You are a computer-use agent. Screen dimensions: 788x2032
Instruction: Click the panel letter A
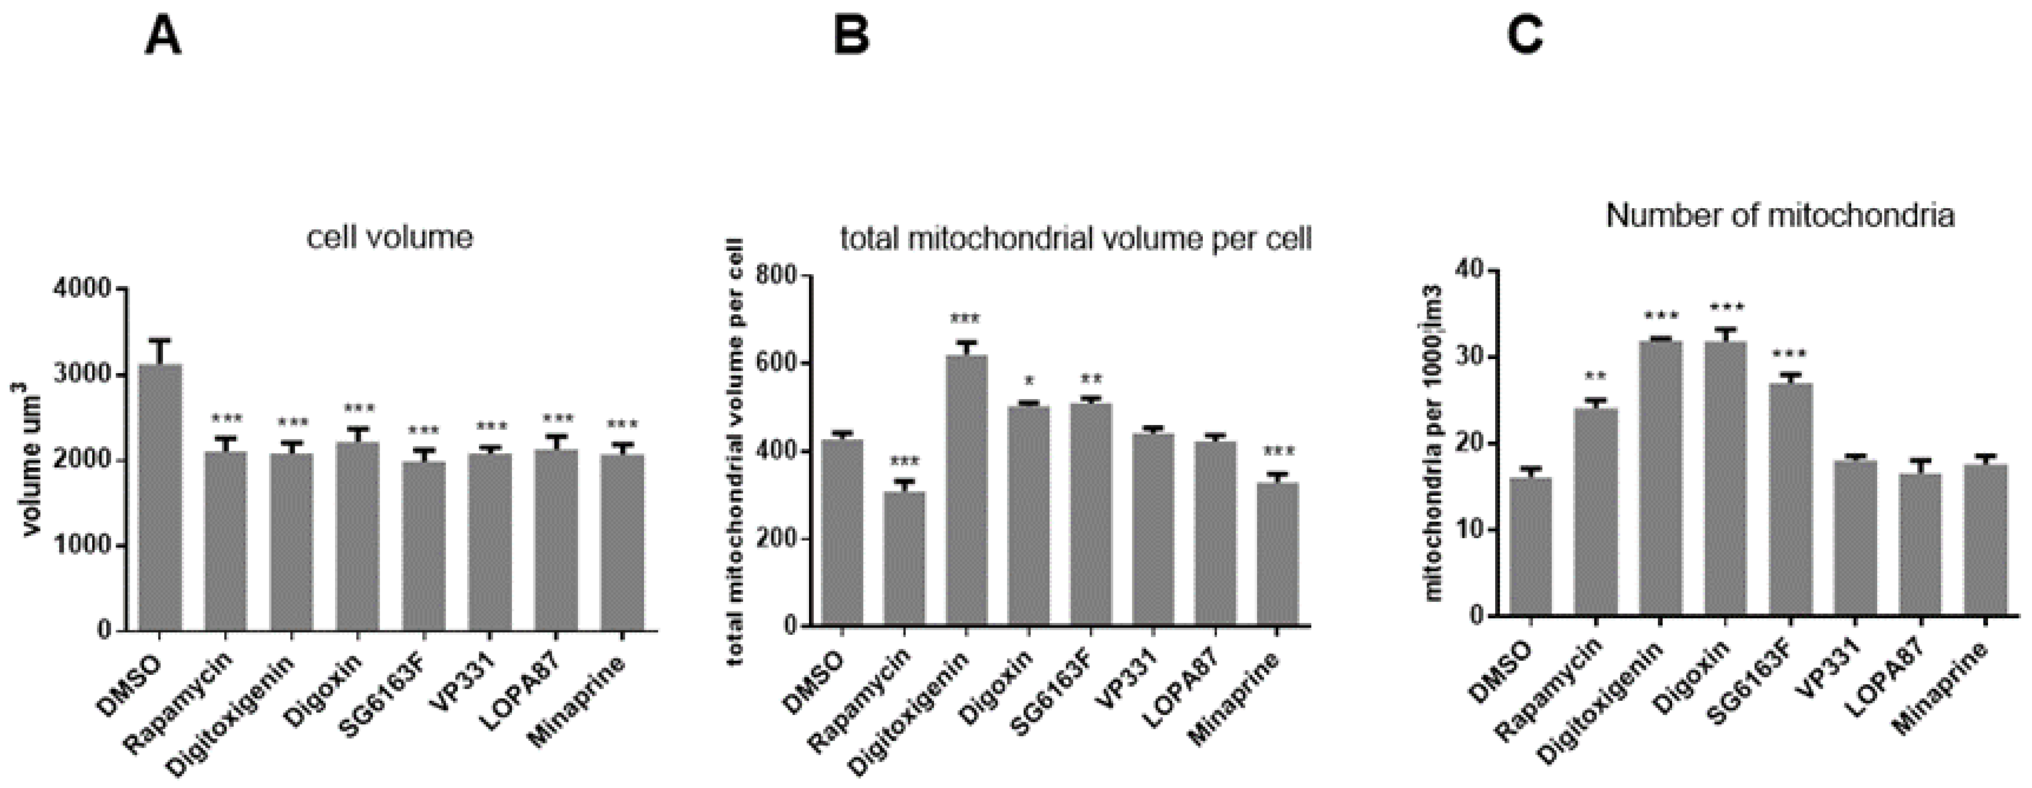(x=163, y=37)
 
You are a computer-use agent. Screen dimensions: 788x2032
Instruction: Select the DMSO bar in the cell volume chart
(x=160, y=497)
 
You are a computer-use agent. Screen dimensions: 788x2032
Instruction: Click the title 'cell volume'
(x=390, y=237)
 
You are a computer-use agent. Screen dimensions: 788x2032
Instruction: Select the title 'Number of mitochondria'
(x=1780, y=215)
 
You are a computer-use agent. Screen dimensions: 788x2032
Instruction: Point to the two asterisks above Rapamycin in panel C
(x=1595, y=376)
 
